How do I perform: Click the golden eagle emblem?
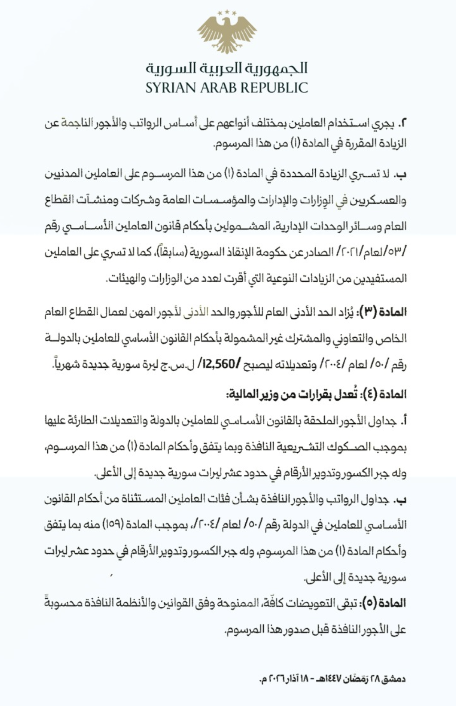(x=228, y=33)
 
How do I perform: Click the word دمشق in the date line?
(x=395, y=679)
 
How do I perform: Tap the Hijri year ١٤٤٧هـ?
(x=329, y=679)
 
